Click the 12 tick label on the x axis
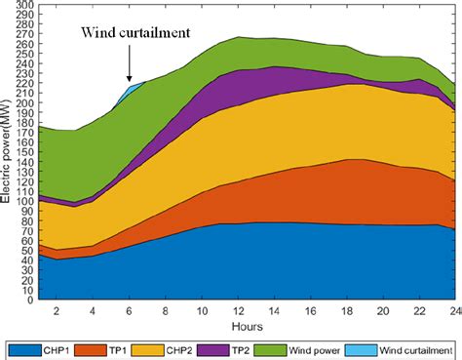239,311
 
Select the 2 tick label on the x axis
57,311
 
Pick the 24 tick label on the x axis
454,311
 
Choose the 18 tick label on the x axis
348,311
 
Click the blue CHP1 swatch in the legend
24,347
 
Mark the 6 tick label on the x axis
130,311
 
